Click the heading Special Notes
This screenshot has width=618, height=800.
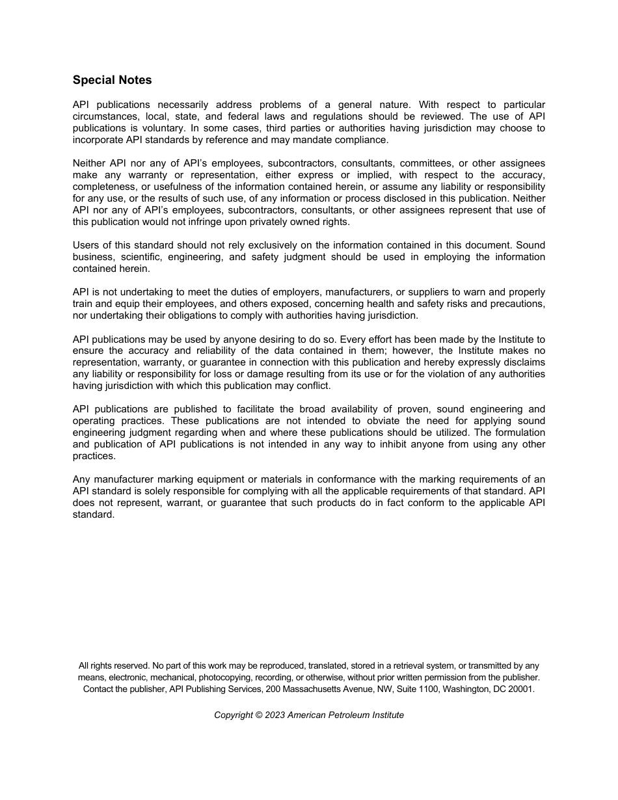tap(112, 80)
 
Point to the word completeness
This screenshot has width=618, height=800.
tap(101, 187)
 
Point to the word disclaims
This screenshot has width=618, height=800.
tap(524, 362)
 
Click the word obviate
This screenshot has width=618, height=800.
tap(389, 421)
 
